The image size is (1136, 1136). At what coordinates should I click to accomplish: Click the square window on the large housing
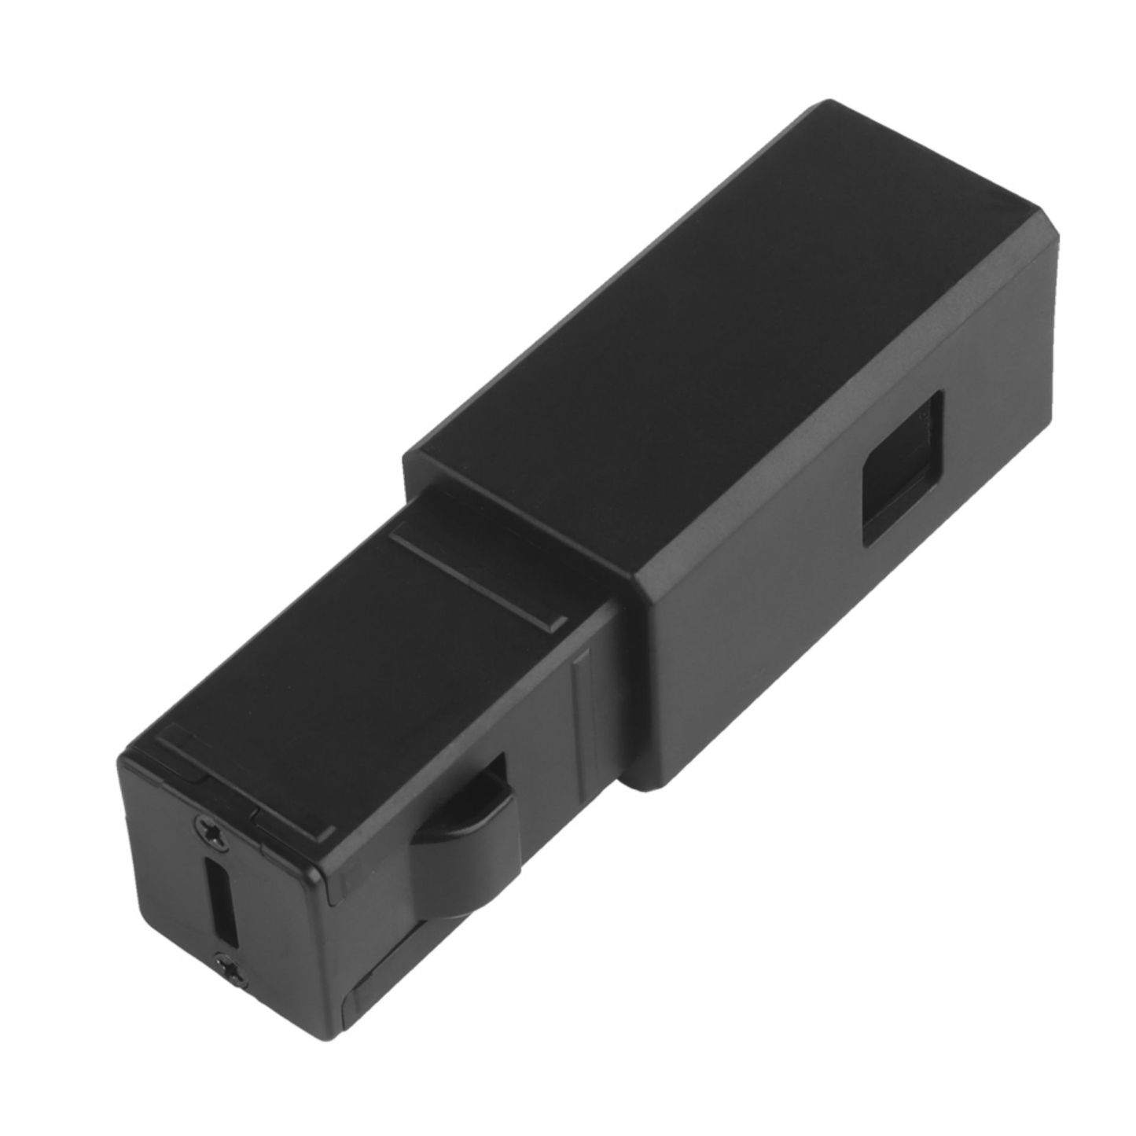pos(903,469)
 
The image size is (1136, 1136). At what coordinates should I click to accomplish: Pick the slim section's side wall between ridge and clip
pos(542,723)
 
